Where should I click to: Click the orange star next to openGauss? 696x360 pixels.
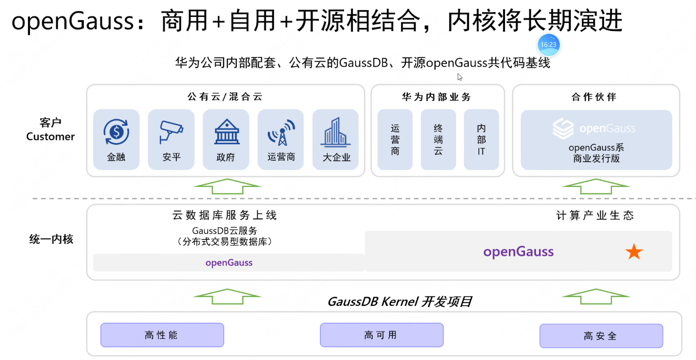pos(634,252)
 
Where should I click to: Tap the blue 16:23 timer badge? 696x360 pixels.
pos(548,45)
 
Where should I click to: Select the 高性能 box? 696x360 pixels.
pos(162,335)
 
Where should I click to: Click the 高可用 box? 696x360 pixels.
pos(381,335)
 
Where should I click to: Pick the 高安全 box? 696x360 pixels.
pos(601,336)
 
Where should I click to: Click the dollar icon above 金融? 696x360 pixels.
pos(116,131)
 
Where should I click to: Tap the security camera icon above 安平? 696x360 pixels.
pos(171,132)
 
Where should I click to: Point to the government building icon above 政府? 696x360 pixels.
pos(226,131)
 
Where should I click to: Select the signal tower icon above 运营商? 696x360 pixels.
pos(281,132)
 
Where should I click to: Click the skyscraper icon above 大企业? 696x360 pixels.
pos(336,131)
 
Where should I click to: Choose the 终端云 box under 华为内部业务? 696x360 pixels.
pos(438,139)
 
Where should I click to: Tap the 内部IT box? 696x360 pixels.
pos(481,139)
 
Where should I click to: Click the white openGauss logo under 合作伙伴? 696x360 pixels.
pos(563,128)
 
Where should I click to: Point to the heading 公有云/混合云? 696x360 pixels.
pos(225,97)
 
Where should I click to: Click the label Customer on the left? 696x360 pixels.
pos(51,137)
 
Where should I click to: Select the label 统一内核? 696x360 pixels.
pos(51,239)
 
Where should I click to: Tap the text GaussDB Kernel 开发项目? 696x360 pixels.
pos(400,302)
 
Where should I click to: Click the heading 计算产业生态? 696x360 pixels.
pos(595,215)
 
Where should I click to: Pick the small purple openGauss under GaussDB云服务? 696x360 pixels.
pos(229,263)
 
